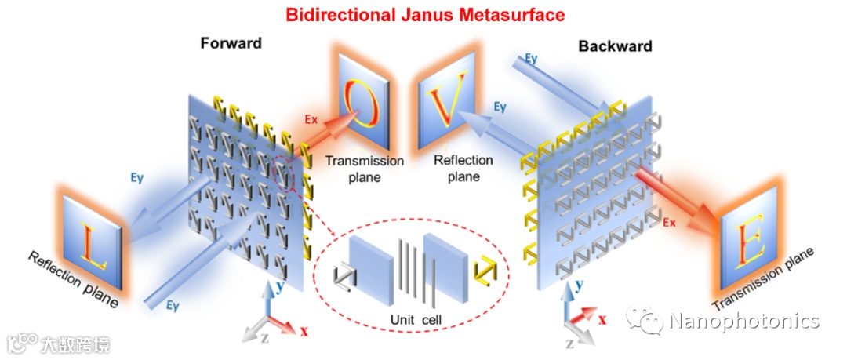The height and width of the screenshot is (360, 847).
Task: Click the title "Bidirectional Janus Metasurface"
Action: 424,14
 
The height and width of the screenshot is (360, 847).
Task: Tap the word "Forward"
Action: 230,43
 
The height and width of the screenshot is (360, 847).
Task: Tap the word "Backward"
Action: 615,46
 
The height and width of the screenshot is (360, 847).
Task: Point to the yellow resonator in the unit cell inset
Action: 484,271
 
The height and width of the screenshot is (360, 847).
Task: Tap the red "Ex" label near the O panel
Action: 311,119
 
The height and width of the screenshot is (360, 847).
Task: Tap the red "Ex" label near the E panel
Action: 670,223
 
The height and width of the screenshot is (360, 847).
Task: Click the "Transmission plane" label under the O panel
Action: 365,169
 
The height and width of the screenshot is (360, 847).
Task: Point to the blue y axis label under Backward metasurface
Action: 580,287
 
